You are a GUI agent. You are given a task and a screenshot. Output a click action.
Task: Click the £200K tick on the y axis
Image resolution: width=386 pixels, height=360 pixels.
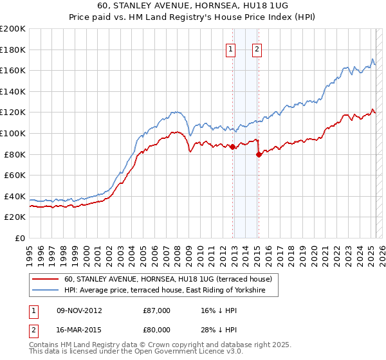coord(13,28)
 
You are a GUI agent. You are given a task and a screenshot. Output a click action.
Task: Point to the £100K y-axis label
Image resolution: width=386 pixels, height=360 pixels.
coord(13,133)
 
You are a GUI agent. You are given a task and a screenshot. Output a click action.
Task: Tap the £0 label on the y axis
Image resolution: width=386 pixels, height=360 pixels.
coord(20,238)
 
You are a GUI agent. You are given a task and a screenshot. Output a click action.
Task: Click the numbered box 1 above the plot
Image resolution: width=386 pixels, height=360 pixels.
coord(230,50)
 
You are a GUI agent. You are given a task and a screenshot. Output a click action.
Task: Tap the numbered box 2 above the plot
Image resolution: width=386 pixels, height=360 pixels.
coord(257,50)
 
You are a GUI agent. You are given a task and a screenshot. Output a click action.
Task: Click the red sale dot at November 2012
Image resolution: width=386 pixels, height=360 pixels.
coord(232,147)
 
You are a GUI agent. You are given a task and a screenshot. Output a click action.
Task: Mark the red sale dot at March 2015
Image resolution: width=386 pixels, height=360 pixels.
coord(259,154)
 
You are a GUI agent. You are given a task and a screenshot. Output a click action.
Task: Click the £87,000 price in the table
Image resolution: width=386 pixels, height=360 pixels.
coord(157,310)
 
